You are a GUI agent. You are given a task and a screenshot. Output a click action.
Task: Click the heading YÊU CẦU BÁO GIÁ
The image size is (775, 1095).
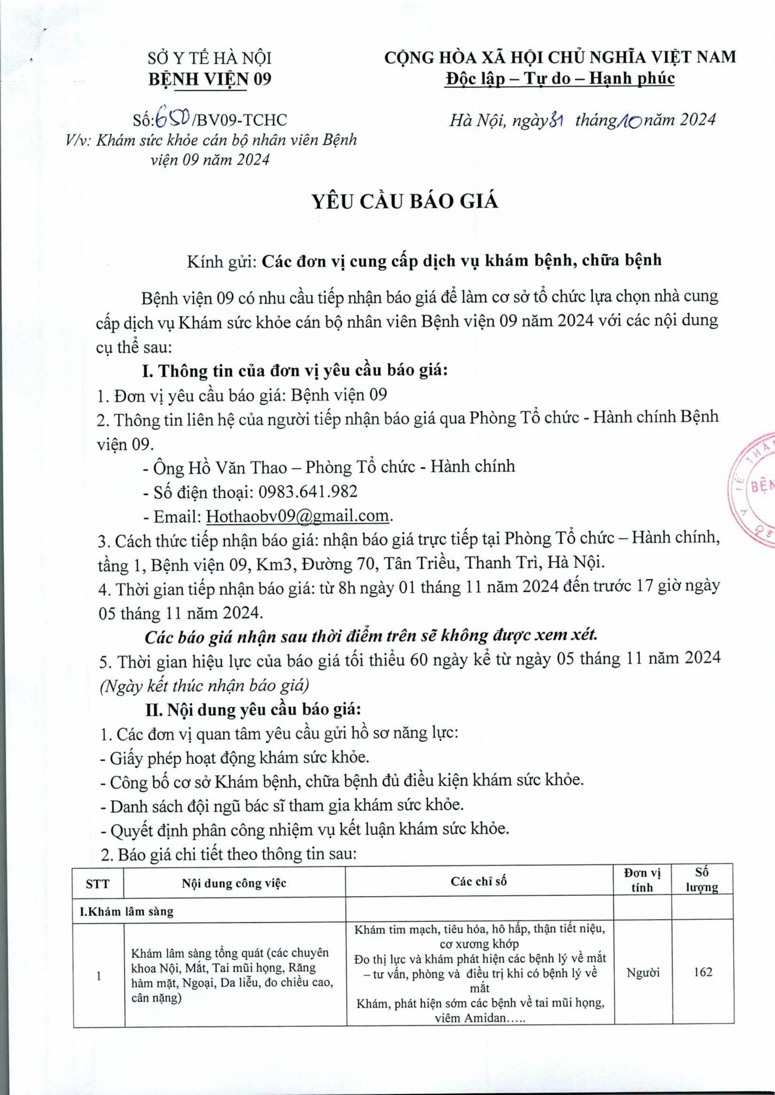click(x=405, y=202)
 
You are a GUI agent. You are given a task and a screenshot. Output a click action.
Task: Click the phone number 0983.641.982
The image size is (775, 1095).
click(x=308, y=491)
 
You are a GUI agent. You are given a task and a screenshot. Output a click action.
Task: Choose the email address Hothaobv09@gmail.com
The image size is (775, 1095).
click(x=297, y=516)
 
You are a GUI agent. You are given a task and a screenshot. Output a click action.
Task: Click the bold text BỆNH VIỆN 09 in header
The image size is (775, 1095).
click(x=210, y=79)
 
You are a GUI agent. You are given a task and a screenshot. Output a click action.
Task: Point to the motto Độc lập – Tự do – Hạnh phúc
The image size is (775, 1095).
click(x=560, y=78)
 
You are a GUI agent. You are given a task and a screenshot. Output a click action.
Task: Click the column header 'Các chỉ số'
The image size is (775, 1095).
click(x=479, y=881)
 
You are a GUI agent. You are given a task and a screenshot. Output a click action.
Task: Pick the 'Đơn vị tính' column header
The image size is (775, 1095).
click(x=642, y=880)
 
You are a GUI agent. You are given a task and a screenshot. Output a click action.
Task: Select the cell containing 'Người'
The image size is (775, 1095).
click(x=642, y=972)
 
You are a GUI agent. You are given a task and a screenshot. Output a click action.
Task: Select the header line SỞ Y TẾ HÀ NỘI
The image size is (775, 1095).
click(x=210, y=58)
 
